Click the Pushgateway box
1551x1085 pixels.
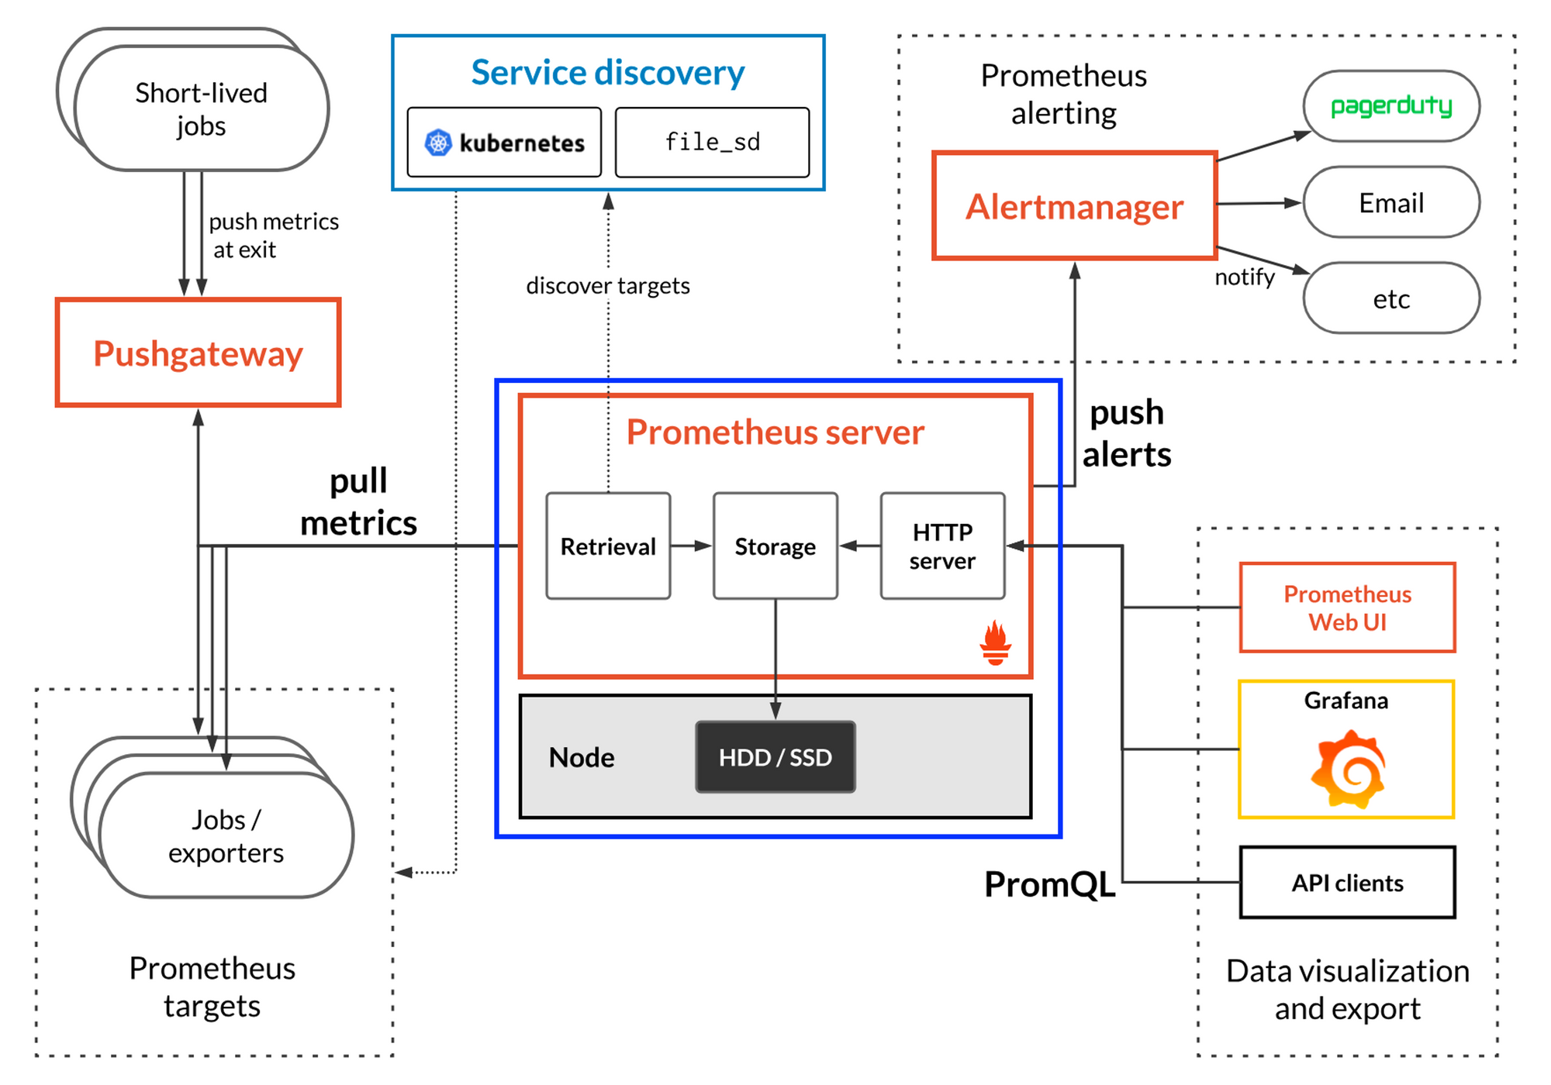[199, 353]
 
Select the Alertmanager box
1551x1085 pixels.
[1075, 206]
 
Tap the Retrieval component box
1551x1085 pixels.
[608, 546]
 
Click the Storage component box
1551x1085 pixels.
[775, 546]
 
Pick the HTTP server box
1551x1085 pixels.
[942, 546]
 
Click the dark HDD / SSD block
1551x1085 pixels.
[775, 757]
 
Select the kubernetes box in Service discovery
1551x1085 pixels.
[504, 143]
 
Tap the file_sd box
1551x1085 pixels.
[712, 143]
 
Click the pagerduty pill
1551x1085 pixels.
[1391, 106]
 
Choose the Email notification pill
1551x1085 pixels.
[1391, 202]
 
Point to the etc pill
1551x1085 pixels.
[1391, 298]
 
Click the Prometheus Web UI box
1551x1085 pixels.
[1347, 608]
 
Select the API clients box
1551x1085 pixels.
[1347, 883]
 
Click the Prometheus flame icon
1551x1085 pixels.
[995, 642]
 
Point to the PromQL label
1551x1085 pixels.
[1049, 883]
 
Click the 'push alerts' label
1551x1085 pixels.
[1126, 433]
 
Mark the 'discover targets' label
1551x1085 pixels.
[608, 286]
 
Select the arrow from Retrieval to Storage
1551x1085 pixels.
[691, 546]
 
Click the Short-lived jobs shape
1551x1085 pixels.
[201, 108]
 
